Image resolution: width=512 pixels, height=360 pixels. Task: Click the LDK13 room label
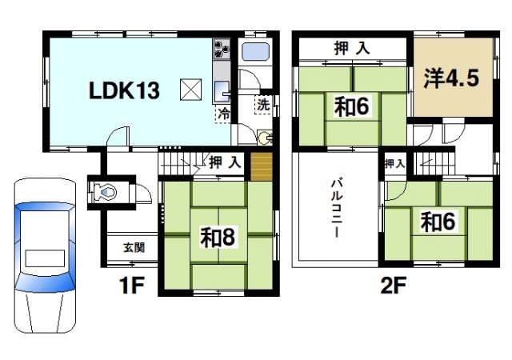pyautogui.click(x=123, y=90)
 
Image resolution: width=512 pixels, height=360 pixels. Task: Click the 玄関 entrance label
pyautogui.click(x=134, y=247)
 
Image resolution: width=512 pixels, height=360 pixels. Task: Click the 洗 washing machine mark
pyautogui.click(x=262, y=104)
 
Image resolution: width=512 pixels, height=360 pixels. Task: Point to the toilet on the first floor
pyautogui.click(x=105, y=192)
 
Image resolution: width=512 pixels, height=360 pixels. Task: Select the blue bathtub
pyautogui.click(x=258, y=55)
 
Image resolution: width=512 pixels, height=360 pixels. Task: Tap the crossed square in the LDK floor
pyautogui.click(x=190, y=90)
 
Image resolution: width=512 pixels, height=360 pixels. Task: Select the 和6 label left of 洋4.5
pyautogui.click(x=351, y=106)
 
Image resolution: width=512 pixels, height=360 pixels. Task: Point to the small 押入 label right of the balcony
pyautogui.click(x=394, y=163)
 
